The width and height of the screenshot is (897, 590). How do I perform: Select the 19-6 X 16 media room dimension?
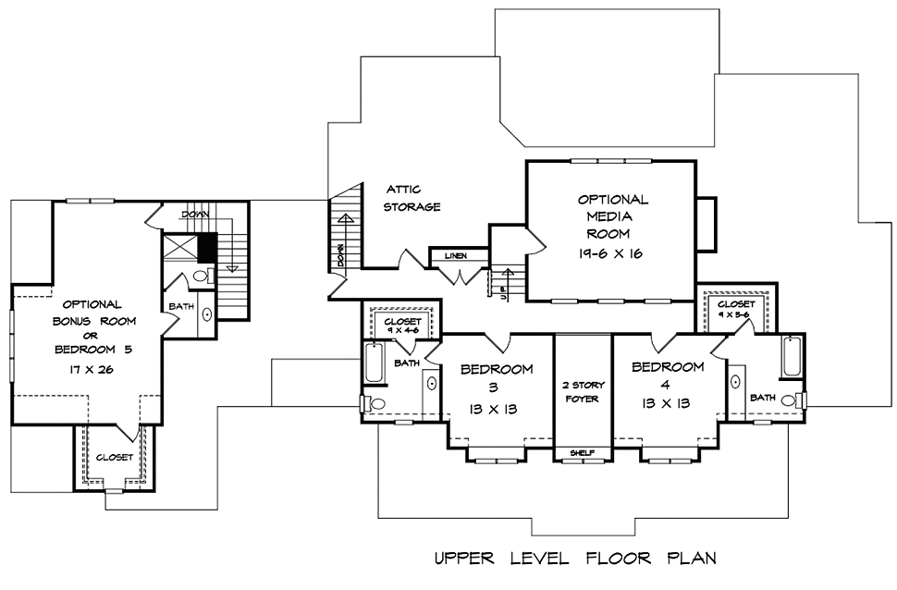coord(610,252)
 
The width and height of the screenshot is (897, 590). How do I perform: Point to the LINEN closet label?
coord(455,255)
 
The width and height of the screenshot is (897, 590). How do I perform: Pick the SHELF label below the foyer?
coord(581,453)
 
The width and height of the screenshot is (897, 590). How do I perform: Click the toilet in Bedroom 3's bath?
coord(375,404)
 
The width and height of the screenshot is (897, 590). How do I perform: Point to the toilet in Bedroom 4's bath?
coord(791,400)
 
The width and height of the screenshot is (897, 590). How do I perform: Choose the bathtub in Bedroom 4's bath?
coord(793,358)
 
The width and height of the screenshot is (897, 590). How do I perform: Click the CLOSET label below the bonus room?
coord(115,457)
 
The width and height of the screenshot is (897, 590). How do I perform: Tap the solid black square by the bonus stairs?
coord(207,249)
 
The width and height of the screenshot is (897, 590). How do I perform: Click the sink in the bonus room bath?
coord(207,313)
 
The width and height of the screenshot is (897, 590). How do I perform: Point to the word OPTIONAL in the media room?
coord(613,199)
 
